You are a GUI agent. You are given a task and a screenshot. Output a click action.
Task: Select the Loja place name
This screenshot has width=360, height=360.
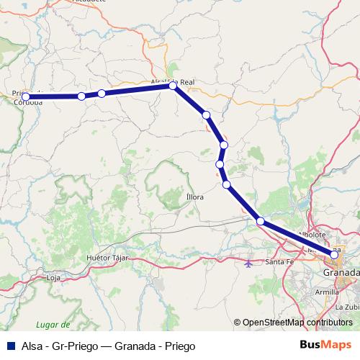(x=53, y=277)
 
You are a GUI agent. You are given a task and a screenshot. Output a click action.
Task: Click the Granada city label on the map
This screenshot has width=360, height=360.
(x=341, y=274)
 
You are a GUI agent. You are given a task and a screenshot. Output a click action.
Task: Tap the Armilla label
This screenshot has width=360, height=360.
(x=326, y=292)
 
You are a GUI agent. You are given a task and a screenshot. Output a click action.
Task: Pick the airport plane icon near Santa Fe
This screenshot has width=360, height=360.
(x=249, y=264)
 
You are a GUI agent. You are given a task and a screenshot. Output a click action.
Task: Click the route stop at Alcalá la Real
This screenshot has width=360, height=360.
(x=173, y=86)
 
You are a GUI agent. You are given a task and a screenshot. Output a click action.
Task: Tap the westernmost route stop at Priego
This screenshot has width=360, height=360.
(x=26, y=96)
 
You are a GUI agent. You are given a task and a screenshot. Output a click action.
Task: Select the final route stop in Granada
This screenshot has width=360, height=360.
(x=334, y=254)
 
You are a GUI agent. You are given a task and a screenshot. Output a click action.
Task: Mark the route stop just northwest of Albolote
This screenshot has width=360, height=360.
(x=260, y=221)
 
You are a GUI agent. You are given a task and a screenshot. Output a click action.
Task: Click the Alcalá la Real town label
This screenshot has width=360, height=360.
(x=173, y=82)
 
